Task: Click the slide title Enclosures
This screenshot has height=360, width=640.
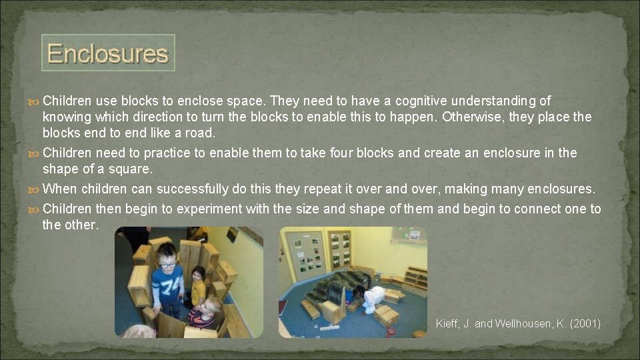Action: tap(107, 53)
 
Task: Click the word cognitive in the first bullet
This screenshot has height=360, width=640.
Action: tap(421, 101)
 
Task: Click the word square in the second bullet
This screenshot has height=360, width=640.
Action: tap(131, 169)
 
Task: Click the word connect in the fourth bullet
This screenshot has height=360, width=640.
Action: tap(538, 209)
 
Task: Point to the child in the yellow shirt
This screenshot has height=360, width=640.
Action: tap(197, 287)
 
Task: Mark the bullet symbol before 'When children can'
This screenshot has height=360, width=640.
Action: tap(36, 189)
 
